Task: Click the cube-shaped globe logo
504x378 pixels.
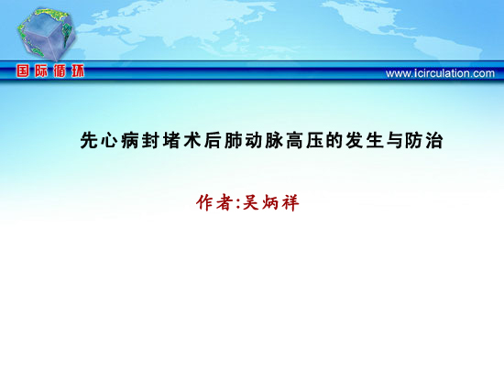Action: (x=47, y=35)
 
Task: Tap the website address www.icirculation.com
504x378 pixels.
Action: (x=440, y=73)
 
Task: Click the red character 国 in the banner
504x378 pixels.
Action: (x=23, y=70)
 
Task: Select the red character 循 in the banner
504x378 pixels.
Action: (x=60, y=70)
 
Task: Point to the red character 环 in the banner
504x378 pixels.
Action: (x=78, y=70)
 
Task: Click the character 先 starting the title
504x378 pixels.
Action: (x=89, y=140)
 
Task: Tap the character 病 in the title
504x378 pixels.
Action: (x=130, y=140)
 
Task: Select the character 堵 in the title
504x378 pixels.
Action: (x=170, y=140)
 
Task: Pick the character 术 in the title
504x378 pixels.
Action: (x=192, y=140)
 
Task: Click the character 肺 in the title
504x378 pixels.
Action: (x=233, y=140)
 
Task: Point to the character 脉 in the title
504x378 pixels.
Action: (x=274, y=140)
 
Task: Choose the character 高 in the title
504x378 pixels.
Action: (x=294, y=140)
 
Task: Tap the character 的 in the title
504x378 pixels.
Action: (x=335, y=140)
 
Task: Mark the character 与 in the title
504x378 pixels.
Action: (x=395, y=140)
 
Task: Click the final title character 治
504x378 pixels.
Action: (x=434, y=140)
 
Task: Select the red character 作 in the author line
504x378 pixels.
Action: (x=205, y=202)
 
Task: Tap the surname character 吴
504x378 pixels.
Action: (x=250, y=202)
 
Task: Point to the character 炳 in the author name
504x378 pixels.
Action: (x=270, y=202)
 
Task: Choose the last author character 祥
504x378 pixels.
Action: (x=290, y=202)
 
